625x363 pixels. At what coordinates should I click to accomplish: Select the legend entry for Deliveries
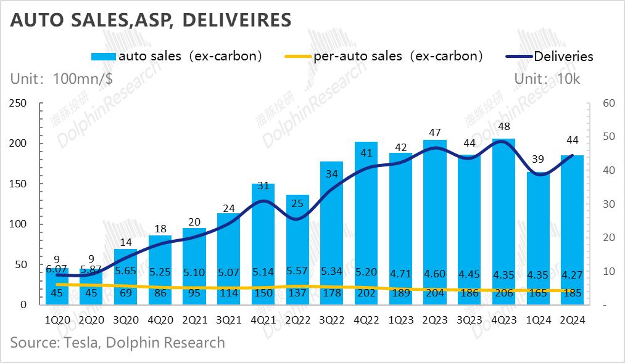click(563, 56)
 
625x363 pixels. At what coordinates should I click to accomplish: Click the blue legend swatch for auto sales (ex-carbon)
click(103, 56)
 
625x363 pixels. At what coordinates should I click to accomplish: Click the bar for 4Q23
click(504, 222)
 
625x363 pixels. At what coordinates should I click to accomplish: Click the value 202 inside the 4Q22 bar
click(366, 293)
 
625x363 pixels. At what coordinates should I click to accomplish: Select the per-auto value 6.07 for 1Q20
click(56, 269)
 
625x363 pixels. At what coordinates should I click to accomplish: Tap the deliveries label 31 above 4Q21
click(263, 186)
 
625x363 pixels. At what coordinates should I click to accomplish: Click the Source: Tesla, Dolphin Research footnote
click(117, 342)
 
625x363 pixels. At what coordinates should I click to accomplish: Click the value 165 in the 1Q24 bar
click(539, 293)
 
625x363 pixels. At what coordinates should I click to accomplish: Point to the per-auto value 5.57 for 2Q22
click(297, 271)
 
